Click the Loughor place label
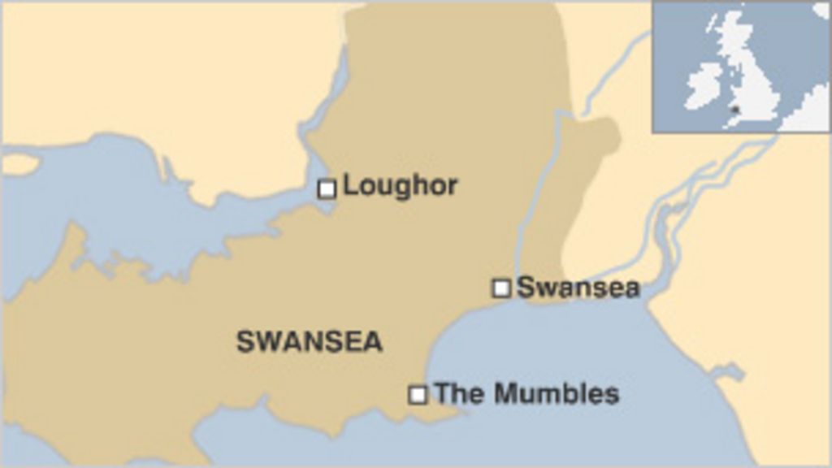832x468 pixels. point(400,186)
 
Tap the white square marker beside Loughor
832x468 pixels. point(327,189)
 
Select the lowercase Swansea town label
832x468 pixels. point(578,287)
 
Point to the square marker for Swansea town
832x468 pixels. point(502,288)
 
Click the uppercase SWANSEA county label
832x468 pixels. point(309,341)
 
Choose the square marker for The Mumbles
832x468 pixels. point(418,395)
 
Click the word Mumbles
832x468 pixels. point(557,394)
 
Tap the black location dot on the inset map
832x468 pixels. point(734,108)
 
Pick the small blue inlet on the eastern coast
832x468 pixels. point(727,373)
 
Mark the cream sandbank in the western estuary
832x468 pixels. point(19,165)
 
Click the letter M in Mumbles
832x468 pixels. point(507,394)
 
